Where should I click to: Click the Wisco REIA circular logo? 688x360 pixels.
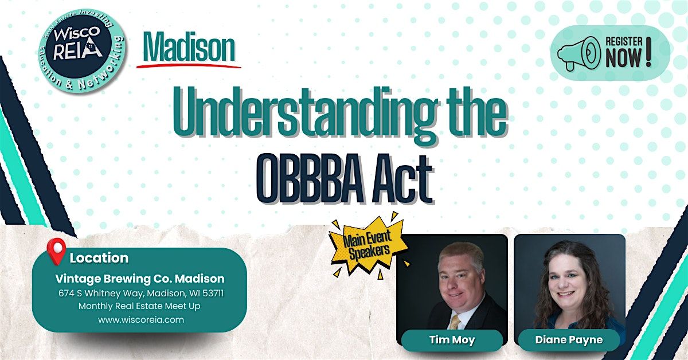click(80, 49)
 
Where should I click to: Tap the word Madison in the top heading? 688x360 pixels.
click(189, 49)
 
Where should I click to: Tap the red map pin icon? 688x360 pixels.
click(56, 252)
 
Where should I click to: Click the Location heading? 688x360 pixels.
click(99, 258)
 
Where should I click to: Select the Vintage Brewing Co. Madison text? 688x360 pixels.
click(140, 279)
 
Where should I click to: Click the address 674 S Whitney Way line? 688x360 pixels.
click(140, 293)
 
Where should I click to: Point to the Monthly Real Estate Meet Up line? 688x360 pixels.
click(140, 306)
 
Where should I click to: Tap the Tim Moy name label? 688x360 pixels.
click(452, 340)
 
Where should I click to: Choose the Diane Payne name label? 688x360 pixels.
click(569, 340)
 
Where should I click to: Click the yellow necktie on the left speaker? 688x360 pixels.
click(455, 320)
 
